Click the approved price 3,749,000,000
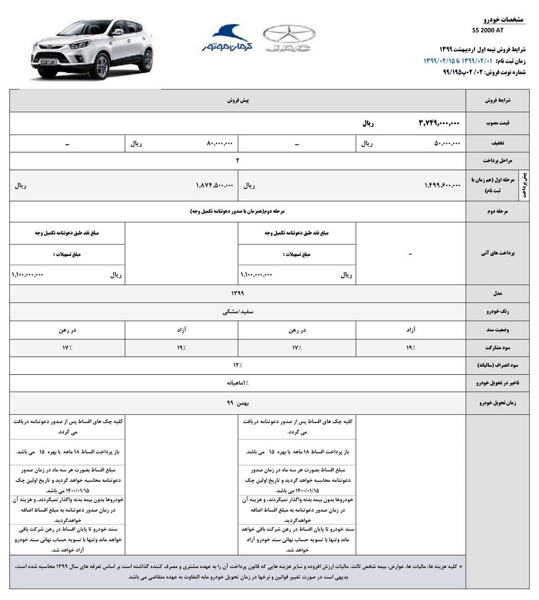pos(439,123)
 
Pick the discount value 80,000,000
pos(219,143)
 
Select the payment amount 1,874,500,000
pos(214,185)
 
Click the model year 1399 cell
pos(237,293)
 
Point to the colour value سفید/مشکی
pos(237,311)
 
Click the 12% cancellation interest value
pos(237,365)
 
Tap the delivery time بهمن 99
pos(237,402)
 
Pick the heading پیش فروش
pos(237,101)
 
